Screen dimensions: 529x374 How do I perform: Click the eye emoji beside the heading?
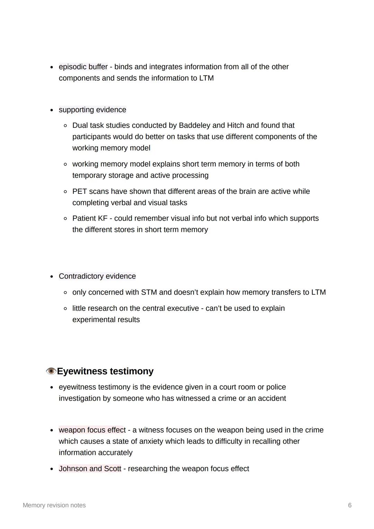(51, 371)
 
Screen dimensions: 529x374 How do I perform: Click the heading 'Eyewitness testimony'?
(105, 371)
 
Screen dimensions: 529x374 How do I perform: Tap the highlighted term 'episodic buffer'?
(83, 67)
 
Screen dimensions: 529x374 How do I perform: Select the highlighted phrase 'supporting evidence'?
(92, 110)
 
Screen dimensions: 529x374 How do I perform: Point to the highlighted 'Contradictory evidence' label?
(97, 276)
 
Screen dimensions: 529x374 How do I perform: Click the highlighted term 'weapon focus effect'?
(92, 430)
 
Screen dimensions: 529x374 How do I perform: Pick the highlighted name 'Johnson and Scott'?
(90, 469)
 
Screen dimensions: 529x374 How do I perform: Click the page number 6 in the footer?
(350, 505)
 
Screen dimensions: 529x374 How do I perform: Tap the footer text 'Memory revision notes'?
(54, 505)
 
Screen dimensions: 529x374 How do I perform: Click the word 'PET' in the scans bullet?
(80, 191)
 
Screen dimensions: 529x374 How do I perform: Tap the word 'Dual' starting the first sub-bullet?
(80, 125)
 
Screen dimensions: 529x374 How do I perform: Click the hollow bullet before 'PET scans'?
(65, 191)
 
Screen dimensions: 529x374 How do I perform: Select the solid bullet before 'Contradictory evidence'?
(52, 277)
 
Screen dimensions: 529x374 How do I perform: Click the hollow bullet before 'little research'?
(65, 308)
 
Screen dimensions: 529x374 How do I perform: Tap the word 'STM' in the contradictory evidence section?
(149, 293)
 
